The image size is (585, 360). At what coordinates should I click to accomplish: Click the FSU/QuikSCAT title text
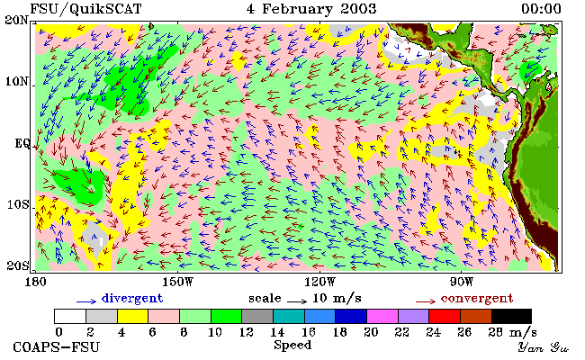pos(85,9)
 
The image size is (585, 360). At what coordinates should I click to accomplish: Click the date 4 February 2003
pos(311,9)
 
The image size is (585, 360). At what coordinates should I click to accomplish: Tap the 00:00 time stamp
pos(541,9)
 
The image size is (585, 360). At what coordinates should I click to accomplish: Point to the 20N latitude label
pos(16,20)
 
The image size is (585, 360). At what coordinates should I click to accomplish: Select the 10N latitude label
pos(16,81)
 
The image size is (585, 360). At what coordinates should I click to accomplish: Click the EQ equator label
pos(22,143)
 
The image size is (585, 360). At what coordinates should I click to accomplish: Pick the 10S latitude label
pos(18,204)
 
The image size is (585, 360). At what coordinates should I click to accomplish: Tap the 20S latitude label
pos(18,265)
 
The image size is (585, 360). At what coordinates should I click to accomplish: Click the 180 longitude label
pos(35,282)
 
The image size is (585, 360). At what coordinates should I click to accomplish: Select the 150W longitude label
pos(178,282)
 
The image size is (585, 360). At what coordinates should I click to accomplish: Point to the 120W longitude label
pos(319,282)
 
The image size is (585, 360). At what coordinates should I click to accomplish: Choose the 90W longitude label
pos(462,282)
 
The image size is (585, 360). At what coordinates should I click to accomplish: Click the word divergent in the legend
pos(132,299)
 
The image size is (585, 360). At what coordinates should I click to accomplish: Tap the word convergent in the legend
pos(477,299)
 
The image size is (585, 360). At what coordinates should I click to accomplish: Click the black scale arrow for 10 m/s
pos(297,301)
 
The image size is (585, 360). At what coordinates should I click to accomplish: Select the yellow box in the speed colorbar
pos(133,316)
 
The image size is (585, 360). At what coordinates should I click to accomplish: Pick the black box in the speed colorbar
pos(511,316)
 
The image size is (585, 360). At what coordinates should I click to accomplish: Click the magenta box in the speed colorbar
pos(382,316)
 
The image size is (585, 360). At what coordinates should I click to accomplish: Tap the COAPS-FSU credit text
pos(57,347)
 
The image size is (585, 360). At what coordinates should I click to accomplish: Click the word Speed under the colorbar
pos(292,345)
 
